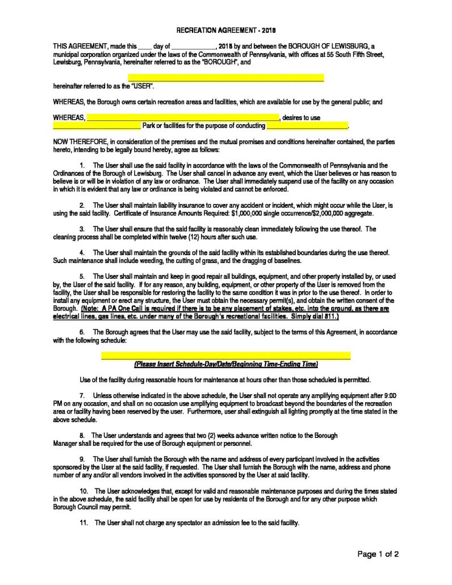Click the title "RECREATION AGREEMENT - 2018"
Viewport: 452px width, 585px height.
tap(227, 29)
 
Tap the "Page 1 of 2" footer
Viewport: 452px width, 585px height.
tap(378, 554)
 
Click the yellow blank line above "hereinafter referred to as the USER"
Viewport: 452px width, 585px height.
tap(226, 77)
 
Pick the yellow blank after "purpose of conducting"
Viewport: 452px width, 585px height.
tap(307, 126)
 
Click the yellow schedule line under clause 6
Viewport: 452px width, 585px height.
tap(225, 356)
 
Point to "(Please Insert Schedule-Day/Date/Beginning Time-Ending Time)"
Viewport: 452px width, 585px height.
tap(226, 363)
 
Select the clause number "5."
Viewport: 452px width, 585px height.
tap(82, 276)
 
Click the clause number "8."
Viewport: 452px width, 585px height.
tap(82, 435)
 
